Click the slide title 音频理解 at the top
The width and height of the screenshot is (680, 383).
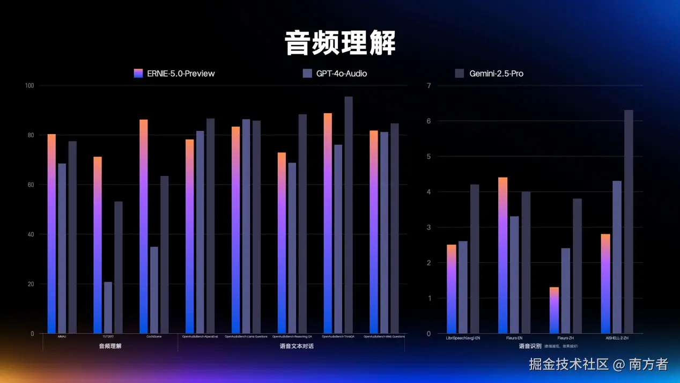pos(340,43)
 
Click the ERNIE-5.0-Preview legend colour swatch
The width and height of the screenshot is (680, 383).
pos(138,73)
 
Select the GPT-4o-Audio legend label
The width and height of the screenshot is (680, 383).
pos(341,73)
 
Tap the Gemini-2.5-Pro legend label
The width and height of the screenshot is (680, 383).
pos(496,73)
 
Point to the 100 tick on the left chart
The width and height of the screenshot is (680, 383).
pos(29,85)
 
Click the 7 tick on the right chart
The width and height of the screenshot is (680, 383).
pos(428,85)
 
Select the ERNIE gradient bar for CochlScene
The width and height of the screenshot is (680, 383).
pos(143,225)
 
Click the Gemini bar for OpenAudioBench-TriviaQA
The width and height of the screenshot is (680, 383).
pos(349,215)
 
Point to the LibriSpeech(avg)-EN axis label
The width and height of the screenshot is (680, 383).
pos(463,338)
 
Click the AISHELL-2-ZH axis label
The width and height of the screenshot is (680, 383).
pos(617,338)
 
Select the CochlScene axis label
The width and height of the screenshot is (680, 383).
pos(154,337)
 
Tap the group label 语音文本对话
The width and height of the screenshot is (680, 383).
pos(297,347)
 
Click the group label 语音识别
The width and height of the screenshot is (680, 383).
pos(530,347)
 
